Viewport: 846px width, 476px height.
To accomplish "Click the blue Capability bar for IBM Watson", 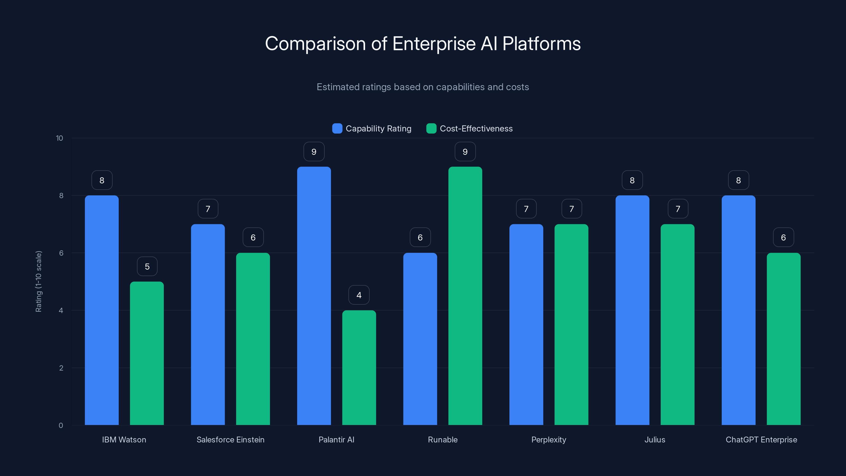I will (x=102, y=310).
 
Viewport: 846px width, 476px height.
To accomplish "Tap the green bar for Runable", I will (x=465, y=296).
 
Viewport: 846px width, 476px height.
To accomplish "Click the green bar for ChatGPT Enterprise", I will (x=783, y=339).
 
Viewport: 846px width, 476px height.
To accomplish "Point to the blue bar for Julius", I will (x=632, y=310).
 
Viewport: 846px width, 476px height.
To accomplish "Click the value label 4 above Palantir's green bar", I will (x=359, y=295).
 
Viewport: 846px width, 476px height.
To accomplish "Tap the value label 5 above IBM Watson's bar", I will (x=147, y=266).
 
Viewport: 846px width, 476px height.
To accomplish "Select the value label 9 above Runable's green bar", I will (x=465, y=152).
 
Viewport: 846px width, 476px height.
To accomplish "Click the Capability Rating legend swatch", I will (x=337, y=129).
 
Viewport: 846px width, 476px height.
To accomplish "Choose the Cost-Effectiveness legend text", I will (x=476, y=129).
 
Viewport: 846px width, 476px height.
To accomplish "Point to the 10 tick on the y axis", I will (x=59, y=138).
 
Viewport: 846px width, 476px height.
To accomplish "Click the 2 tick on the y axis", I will (x=61, y=368).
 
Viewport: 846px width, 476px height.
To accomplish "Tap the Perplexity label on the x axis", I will (x=549, y=440).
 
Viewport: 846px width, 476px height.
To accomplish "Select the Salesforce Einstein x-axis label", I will (x=230, y=440).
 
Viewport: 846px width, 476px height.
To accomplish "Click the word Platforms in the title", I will (x=541, y=44).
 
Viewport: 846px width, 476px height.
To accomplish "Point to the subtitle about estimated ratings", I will (x=423, y=87).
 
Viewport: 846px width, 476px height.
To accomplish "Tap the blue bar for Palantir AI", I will (x=314, y=296).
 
